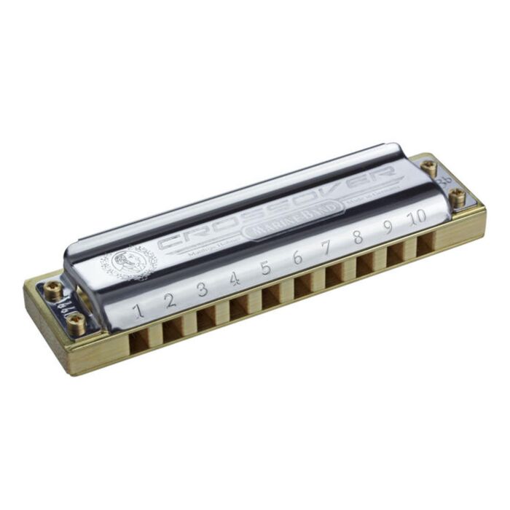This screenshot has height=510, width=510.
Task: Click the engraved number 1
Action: coord(137,311)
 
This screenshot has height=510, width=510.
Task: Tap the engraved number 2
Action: coord(169,299)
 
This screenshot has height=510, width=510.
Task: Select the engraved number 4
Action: coord(234,279)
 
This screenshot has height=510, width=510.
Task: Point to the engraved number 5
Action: coord(265,268)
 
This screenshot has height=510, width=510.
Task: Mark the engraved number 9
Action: coord(388,227)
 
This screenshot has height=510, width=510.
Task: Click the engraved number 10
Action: coord(419,217)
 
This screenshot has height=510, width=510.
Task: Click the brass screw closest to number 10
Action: coord(458,195)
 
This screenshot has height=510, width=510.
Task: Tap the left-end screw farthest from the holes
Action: coord(53,289)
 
